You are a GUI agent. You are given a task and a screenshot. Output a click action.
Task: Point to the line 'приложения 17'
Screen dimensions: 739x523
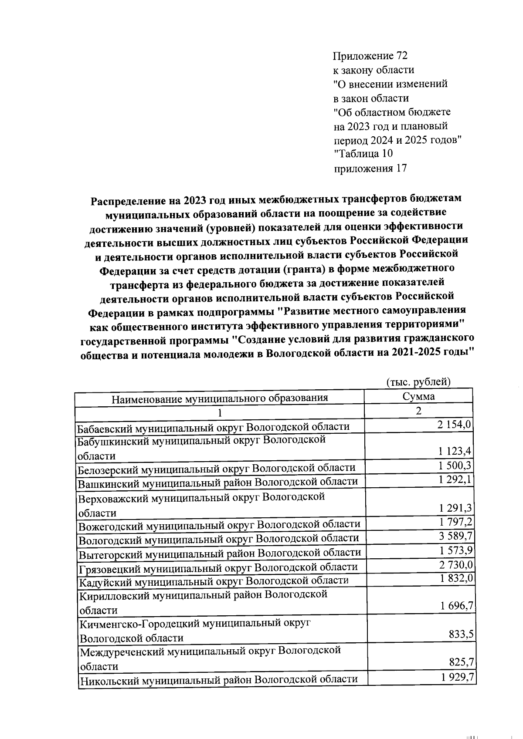coord(370,168)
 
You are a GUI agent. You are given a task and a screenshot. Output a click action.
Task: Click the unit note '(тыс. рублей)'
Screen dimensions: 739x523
coord(418,382)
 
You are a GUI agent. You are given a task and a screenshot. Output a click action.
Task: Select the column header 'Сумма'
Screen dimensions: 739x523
coord(418,396)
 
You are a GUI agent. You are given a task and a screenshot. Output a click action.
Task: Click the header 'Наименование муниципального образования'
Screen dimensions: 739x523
coord(220,398)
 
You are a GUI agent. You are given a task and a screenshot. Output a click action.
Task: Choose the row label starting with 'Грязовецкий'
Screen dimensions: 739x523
coord(218,567)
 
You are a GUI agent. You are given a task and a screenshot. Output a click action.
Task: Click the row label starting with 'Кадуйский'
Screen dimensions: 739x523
coord(214,580)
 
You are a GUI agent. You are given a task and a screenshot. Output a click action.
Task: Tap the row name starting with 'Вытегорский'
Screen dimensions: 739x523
coord(220,553)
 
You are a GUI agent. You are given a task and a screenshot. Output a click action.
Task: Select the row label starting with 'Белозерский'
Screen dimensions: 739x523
coord(217,469)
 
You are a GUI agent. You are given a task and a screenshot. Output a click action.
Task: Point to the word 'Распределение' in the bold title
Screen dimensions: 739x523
coord(130,201)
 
